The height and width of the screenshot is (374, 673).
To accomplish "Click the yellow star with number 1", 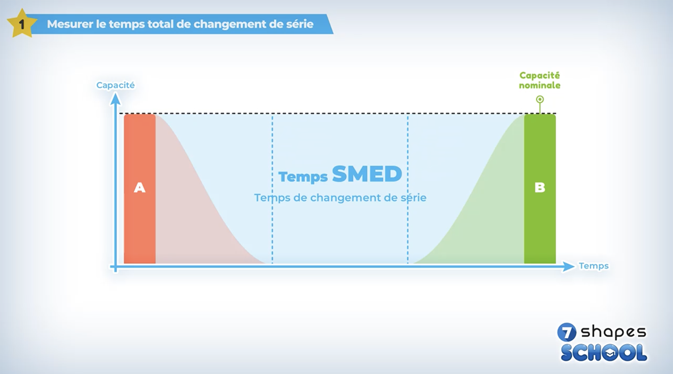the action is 22,24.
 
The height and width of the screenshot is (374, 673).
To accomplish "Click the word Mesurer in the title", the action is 70,24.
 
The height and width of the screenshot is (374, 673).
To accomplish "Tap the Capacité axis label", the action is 115,85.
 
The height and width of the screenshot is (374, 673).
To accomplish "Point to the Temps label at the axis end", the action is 594,266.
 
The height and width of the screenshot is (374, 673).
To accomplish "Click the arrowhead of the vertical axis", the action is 115,99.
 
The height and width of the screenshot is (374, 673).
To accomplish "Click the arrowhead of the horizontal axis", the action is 568,266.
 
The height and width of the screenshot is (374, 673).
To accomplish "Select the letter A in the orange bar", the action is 139,187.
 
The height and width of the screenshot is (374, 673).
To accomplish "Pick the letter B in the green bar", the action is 540,187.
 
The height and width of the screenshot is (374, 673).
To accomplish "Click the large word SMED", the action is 367,174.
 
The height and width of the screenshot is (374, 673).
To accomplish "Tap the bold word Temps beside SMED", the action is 303,177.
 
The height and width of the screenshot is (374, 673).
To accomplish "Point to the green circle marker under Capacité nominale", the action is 540,99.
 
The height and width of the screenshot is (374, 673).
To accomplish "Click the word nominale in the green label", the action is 540,86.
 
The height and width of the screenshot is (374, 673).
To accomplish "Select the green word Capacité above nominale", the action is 540,75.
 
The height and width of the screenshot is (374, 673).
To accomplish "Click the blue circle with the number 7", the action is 567,332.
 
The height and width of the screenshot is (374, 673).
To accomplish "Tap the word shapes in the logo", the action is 613,333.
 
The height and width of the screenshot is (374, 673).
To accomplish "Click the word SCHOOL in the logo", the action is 604,353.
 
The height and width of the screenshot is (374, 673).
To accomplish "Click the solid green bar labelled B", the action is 540,189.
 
